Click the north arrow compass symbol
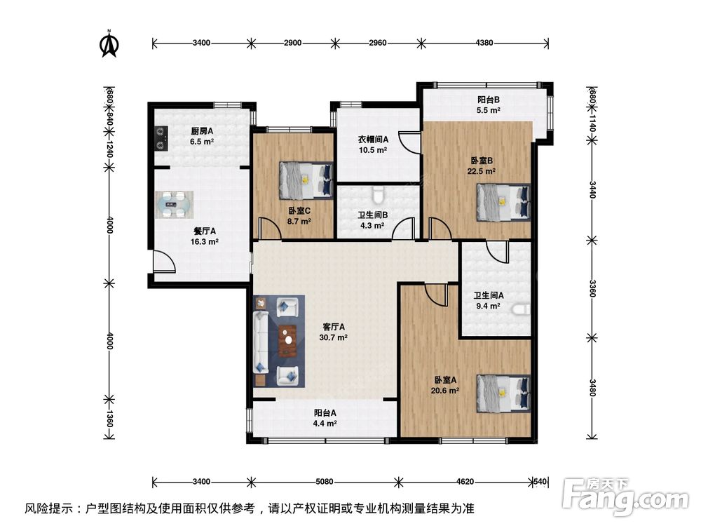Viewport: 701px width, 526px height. point(109,43)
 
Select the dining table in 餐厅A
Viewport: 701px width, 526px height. point(172,205)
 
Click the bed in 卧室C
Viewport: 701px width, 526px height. point(306,180)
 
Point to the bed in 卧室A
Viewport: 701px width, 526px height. point(503,392)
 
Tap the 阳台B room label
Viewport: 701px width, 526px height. point(489,100)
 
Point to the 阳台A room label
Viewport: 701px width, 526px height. point(325,413)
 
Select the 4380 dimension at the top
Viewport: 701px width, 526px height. point(484,43)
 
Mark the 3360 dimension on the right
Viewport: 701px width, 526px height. point(592,289)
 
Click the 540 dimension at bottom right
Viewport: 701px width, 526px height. point(540,482)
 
